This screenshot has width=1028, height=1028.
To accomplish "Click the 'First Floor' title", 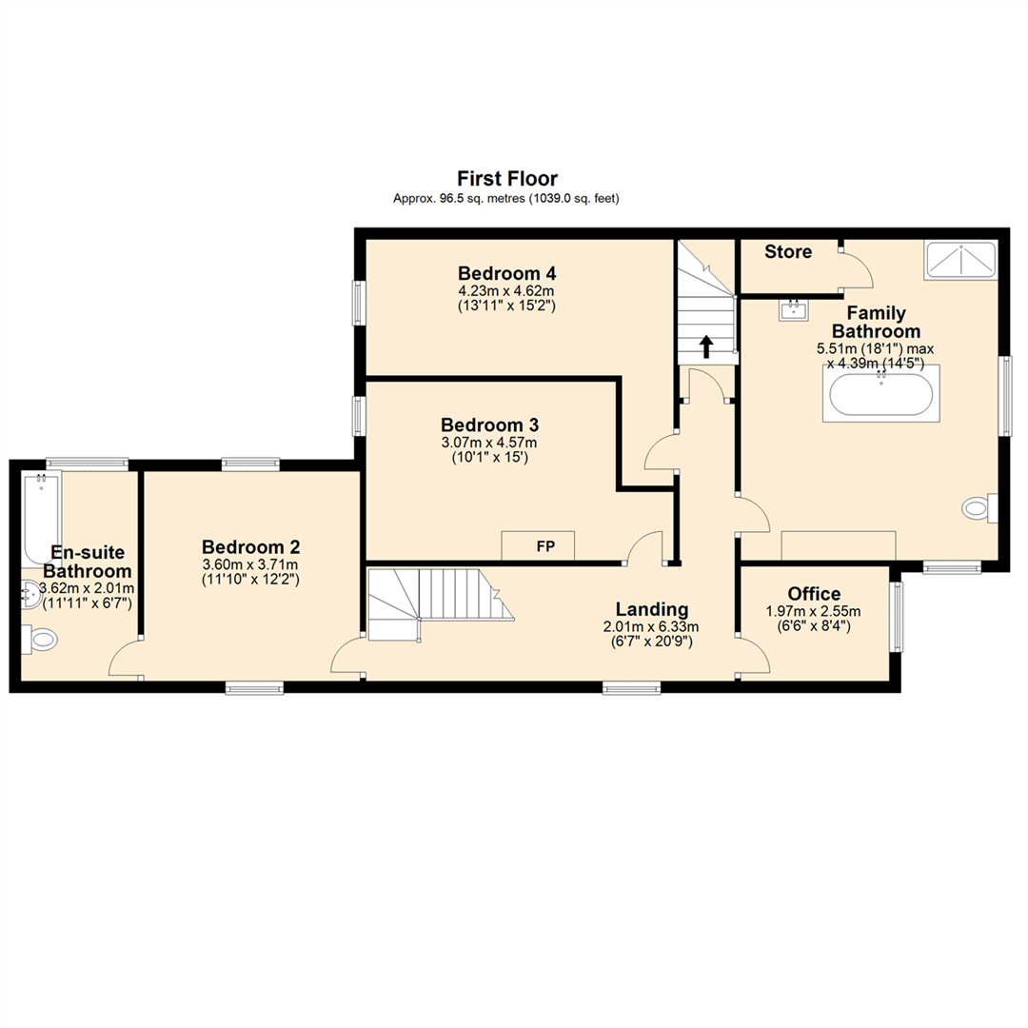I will [x=507, y=178].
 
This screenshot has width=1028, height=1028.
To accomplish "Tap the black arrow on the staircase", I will [x=705, y=346].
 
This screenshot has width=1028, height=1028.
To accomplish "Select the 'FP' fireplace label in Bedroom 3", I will [x=544, y=546].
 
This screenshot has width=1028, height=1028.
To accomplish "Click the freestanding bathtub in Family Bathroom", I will [x=880, y=394].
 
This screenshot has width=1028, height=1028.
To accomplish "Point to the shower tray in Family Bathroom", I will [x=959, y=260].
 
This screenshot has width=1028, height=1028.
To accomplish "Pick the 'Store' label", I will [x=788, y=252].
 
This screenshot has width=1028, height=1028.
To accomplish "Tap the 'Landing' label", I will [x=651, y=608].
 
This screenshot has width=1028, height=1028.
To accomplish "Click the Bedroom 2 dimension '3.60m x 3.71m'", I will [x=251, y=564].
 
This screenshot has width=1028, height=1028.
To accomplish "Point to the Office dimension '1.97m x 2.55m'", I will [x=813, y=612].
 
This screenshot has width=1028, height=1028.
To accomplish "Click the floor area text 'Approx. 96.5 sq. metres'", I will [x=461, y=199].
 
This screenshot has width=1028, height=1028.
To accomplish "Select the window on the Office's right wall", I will [x=896, y=617].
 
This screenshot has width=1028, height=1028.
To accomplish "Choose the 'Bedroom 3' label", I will [x=490, y=425].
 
